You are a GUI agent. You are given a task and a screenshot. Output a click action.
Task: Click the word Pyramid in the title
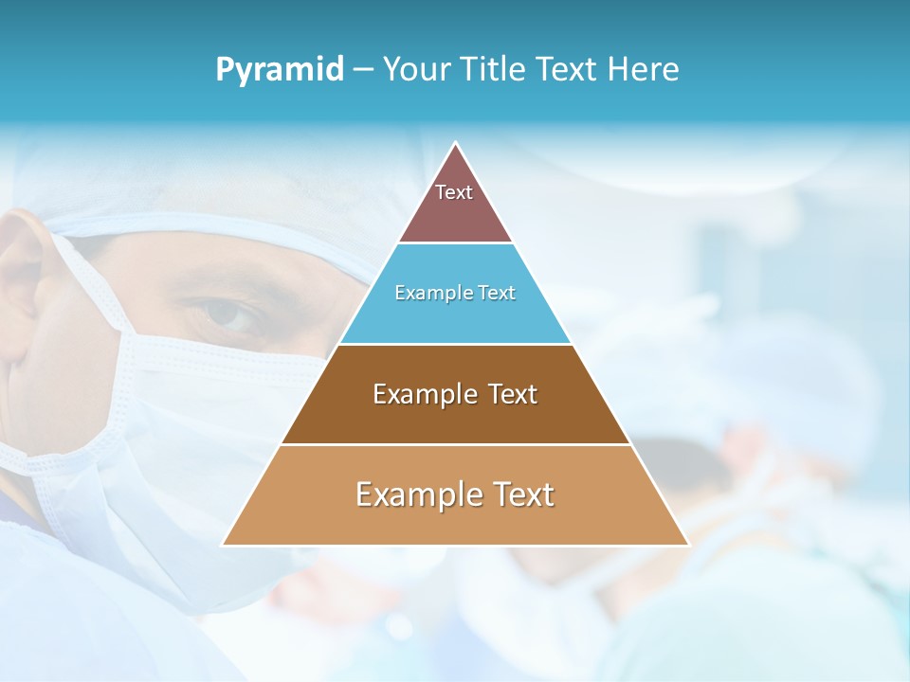(280, 70)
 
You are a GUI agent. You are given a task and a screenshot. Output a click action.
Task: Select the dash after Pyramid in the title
(363, 70)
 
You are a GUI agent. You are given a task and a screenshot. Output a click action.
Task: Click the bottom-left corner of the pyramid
(224, 545)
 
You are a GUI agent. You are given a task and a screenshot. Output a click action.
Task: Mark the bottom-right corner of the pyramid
(687, 545)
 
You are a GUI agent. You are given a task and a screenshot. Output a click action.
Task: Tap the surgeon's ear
(21, 284)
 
